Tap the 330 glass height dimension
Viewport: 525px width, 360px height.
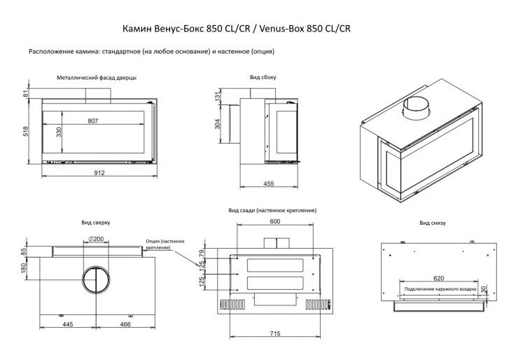[x=59, y=132]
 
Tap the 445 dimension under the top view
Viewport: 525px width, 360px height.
[x=68, y=325]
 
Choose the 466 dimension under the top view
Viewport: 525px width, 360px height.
[x=125, y=325]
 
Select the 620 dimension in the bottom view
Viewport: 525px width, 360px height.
[x=438, y=278]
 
